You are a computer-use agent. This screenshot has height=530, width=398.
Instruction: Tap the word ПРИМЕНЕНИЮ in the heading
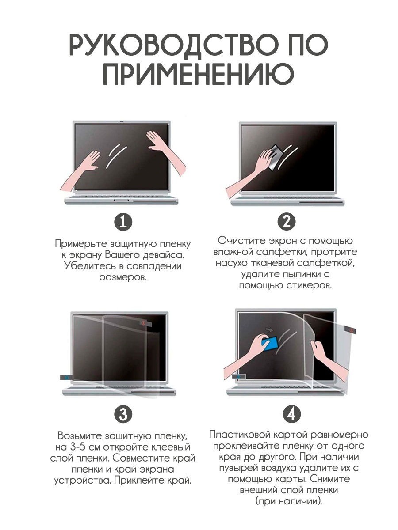[x=199, y=74]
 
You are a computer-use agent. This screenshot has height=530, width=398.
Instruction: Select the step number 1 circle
[x=123, y=222]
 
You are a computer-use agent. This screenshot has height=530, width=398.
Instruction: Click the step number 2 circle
[x=287, y=222]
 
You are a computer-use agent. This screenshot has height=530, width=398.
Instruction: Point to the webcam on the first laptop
[x=122, y=121]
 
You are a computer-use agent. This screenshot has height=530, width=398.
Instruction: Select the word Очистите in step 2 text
[x=244, y=241]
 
